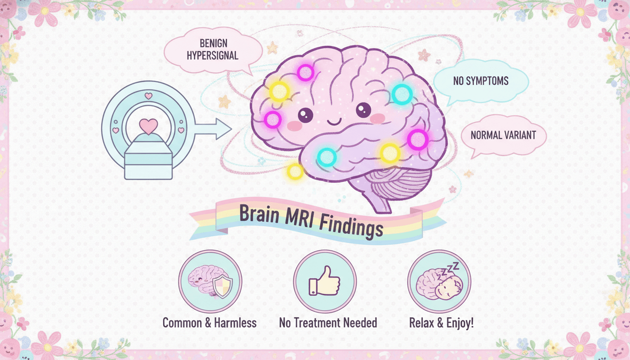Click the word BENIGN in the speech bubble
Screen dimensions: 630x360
click(x=213, y=43)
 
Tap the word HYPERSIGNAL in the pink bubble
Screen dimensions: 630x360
click(x=213, y=56)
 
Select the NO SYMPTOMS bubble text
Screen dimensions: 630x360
click(x=480, y=81)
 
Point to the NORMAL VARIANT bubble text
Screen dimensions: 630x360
click(x=503, y=135)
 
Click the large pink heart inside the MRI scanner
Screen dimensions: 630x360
click(x=149, y=126)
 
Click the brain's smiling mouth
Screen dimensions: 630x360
click(x=334, y=122)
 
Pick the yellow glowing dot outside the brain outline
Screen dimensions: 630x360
click(x=295, y=171)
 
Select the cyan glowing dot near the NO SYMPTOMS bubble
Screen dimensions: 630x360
click(x=402, y=94)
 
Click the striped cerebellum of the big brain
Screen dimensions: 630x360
click(x=399, y=183)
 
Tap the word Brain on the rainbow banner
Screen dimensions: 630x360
click(x=259, y=214)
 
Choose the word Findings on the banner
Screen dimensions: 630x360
click(x=352, y=226)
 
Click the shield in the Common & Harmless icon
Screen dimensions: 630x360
click(x=222, y=286)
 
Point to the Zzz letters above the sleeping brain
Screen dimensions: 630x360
click(x=450, y=269)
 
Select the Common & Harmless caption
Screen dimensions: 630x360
click(x=210, y=323)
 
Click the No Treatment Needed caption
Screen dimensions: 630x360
click(x=328, y=323)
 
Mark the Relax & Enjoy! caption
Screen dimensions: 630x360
click(x=441, y=323)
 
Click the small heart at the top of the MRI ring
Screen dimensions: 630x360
click(x=149, y=96)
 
